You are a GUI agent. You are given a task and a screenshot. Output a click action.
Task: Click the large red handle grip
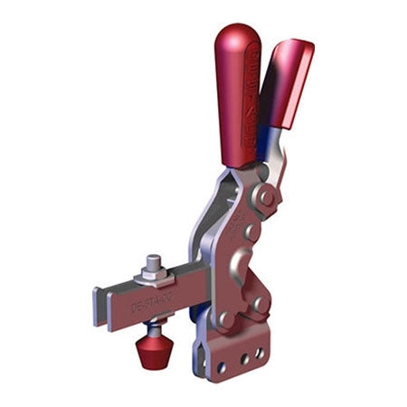coord(238,99)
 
